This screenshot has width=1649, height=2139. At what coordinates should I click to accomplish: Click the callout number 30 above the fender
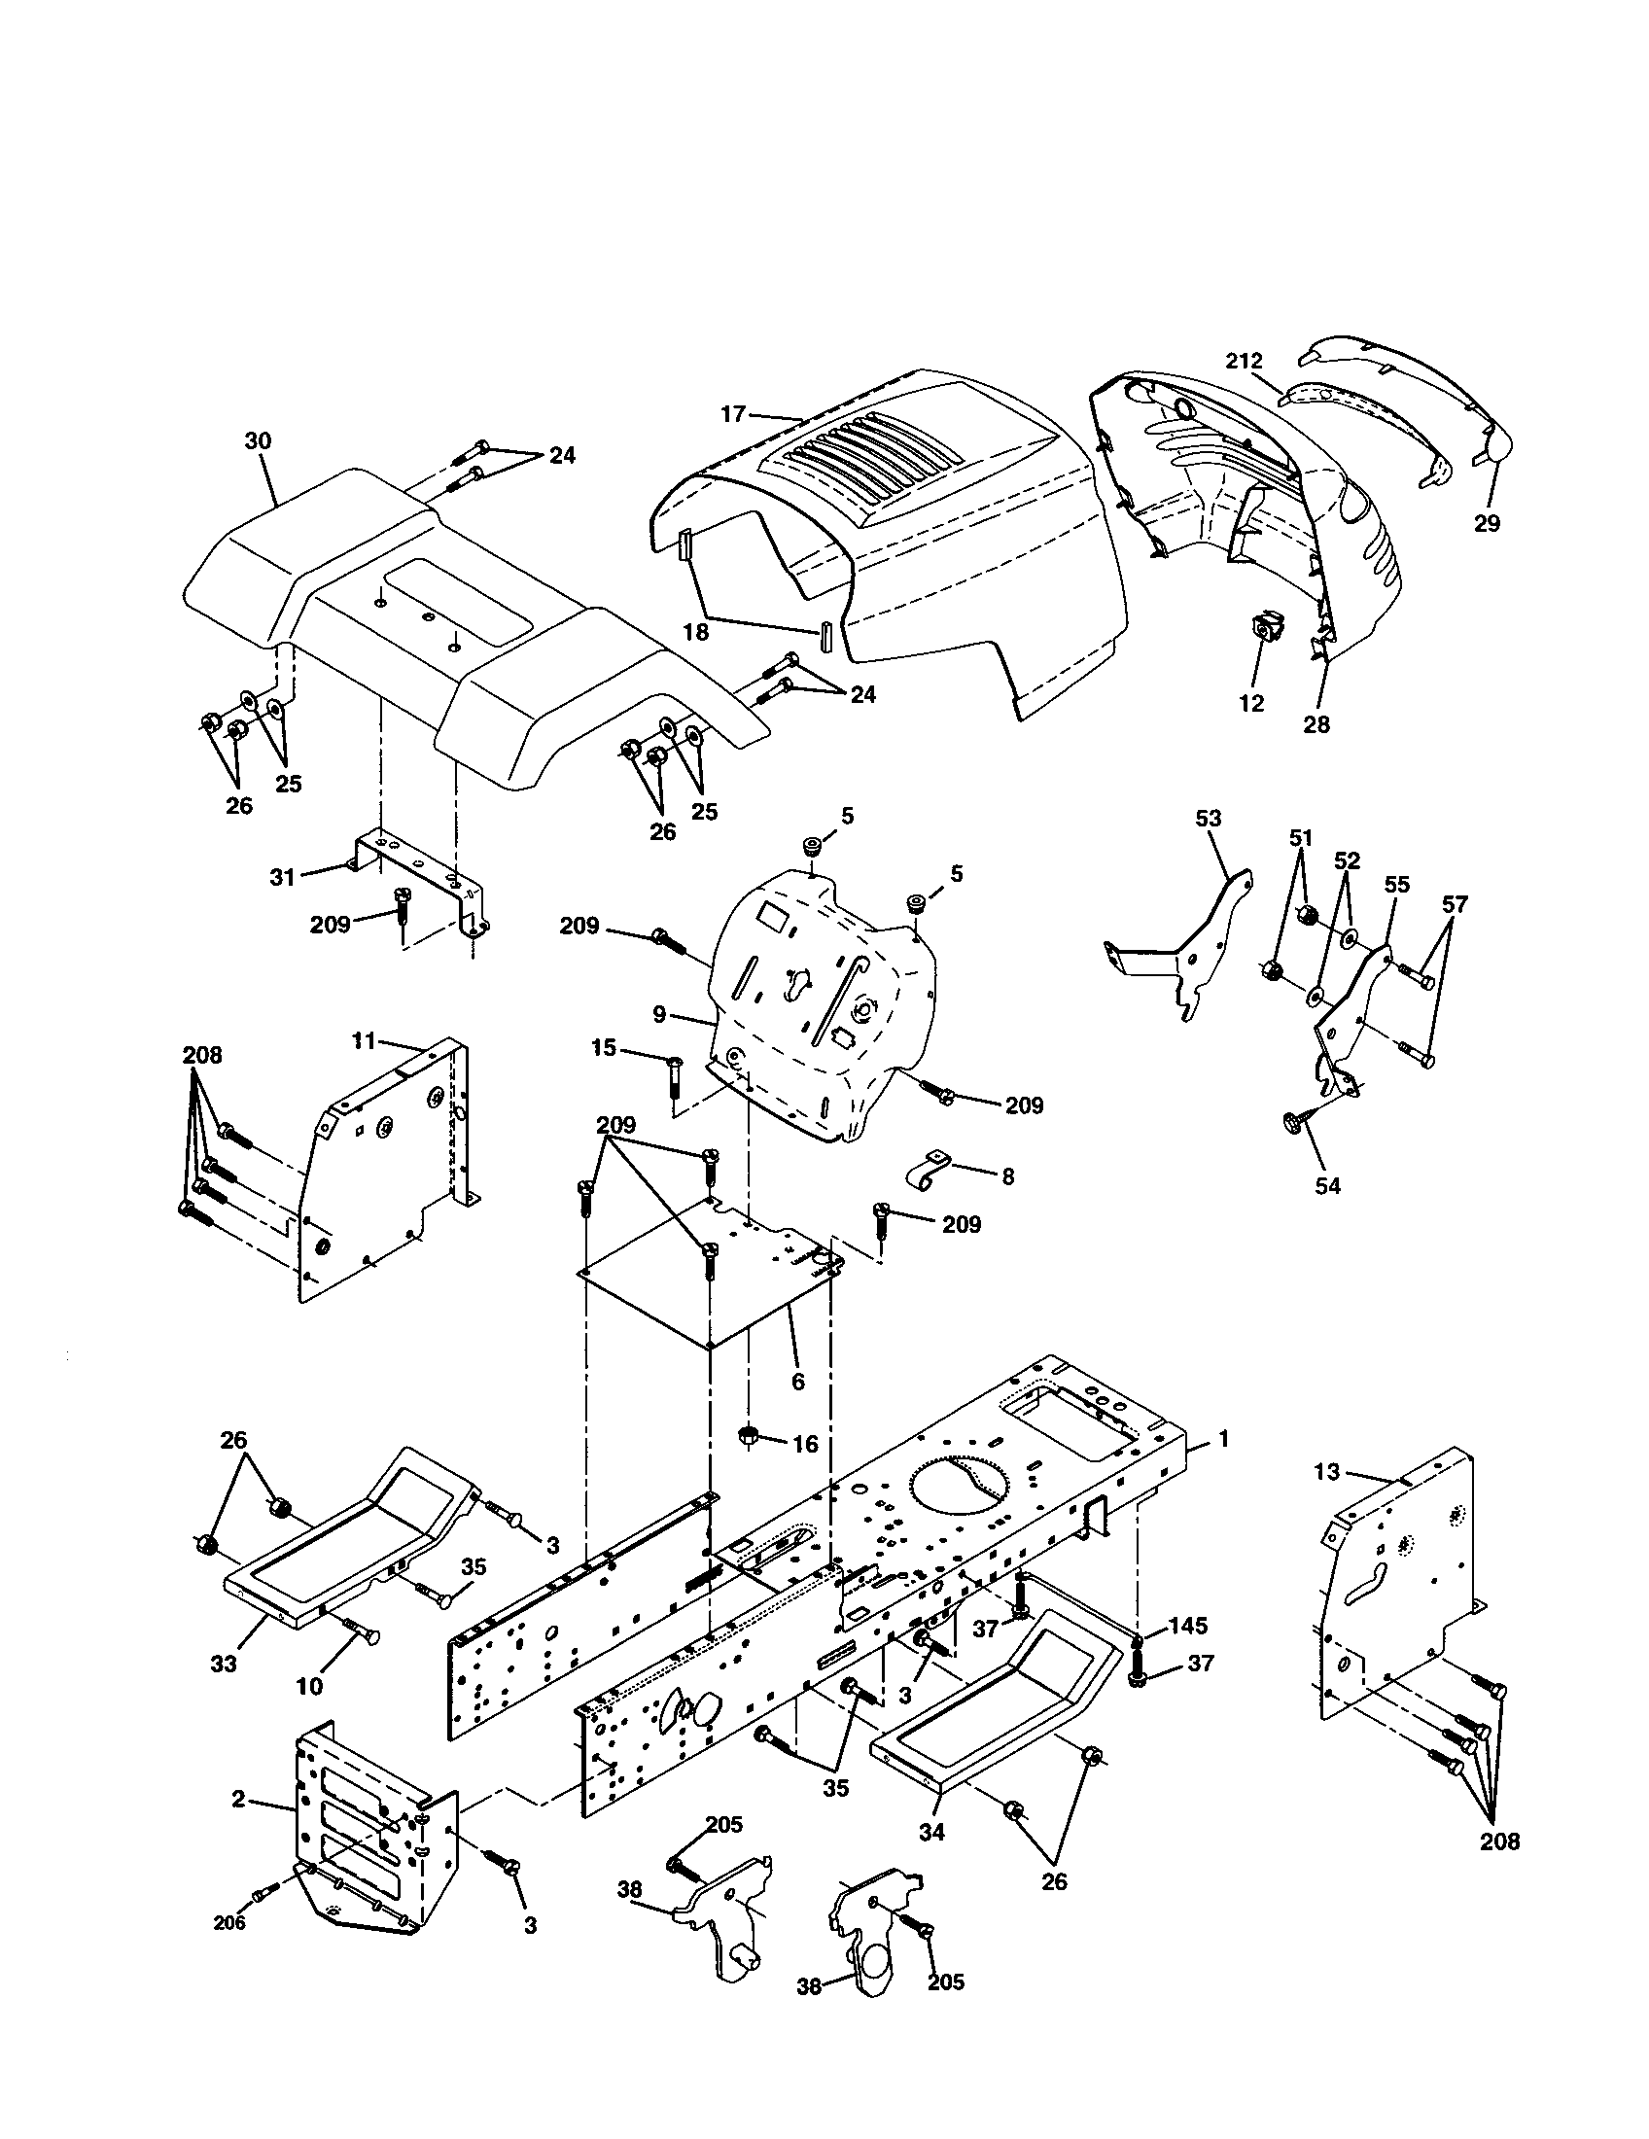click(258, 441)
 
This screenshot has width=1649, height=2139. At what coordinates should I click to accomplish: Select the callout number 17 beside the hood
click(733, 414)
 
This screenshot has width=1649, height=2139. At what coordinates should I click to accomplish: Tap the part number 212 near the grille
click(1245, 361)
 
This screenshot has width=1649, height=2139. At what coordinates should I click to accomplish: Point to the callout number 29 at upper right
click(1487, 524)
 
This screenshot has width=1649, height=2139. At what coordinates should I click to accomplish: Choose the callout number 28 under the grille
click(1317, 724)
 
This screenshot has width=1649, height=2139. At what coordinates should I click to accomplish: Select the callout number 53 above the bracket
click(1209, 818)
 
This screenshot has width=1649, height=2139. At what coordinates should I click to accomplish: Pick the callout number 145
click(1187, 1626)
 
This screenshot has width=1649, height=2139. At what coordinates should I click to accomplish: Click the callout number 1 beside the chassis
click(1222, 1439)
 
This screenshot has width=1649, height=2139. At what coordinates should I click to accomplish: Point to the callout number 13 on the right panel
click(1326, 1472)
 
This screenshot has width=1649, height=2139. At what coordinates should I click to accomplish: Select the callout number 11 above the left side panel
click(364, 1041)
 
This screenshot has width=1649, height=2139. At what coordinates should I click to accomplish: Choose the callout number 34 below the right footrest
click(931, 1831)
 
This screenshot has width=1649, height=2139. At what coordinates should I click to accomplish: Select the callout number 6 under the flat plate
click(797, 1382)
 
